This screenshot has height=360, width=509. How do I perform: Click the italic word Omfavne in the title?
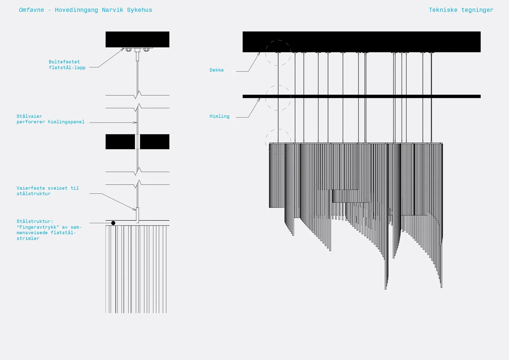pos(31,10)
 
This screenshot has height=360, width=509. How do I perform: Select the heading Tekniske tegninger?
pos(461,10)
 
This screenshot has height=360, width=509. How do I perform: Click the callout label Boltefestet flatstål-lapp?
pos(67,65)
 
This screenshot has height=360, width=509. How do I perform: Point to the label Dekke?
pos(216,70)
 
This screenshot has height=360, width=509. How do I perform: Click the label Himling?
pos(219,116)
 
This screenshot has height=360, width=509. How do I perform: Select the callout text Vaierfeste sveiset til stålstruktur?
pos(48,191)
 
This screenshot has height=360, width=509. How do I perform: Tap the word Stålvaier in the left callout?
pos(30,116)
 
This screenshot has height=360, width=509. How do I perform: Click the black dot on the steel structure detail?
pos(113,223)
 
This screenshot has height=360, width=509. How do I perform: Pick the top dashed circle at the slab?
pos(278,53)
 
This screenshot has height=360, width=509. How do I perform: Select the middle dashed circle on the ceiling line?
pos(278,97)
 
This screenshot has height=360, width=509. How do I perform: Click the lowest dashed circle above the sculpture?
pos(278,142)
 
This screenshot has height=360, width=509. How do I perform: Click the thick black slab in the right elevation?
pos(361,42)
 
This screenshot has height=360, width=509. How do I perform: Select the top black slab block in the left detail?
pos(137,39)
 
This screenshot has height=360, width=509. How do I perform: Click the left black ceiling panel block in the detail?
pos(120,142)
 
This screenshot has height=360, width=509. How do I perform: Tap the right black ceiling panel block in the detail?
pos(155,142)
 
